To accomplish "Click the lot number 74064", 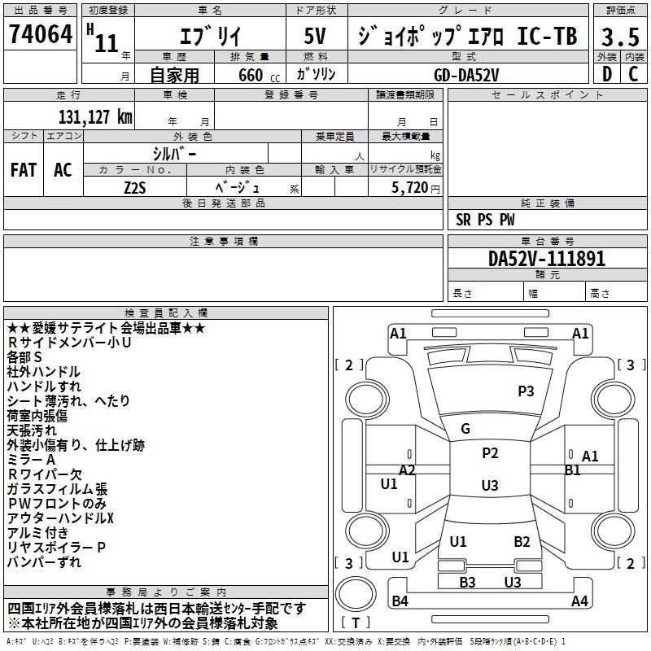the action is (40, 36).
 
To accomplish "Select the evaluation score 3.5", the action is (619, 37).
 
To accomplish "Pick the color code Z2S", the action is (135, 187).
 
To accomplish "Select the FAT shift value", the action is (24, 170).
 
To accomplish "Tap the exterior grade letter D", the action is (607, 74).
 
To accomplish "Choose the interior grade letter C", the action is (632, 74).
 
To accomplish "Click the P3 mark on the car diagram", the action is (526, 391).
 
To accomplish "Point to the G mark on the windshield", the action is (465, 429).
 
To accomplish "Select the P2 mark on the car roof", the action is (489, 453).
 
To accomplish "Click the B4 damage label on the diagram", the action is (400, 601).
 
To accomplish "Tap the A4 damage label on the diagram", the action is (579, 601).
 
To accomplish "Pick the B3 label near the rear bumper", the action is (467, 582).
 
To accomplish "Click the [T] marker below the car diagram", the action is (356, 623).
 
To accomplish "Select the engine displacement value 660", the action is (250, 75).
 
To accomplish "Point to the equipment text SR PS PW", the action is (485, 220).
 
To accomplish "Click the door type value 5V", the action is (315, 37).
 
